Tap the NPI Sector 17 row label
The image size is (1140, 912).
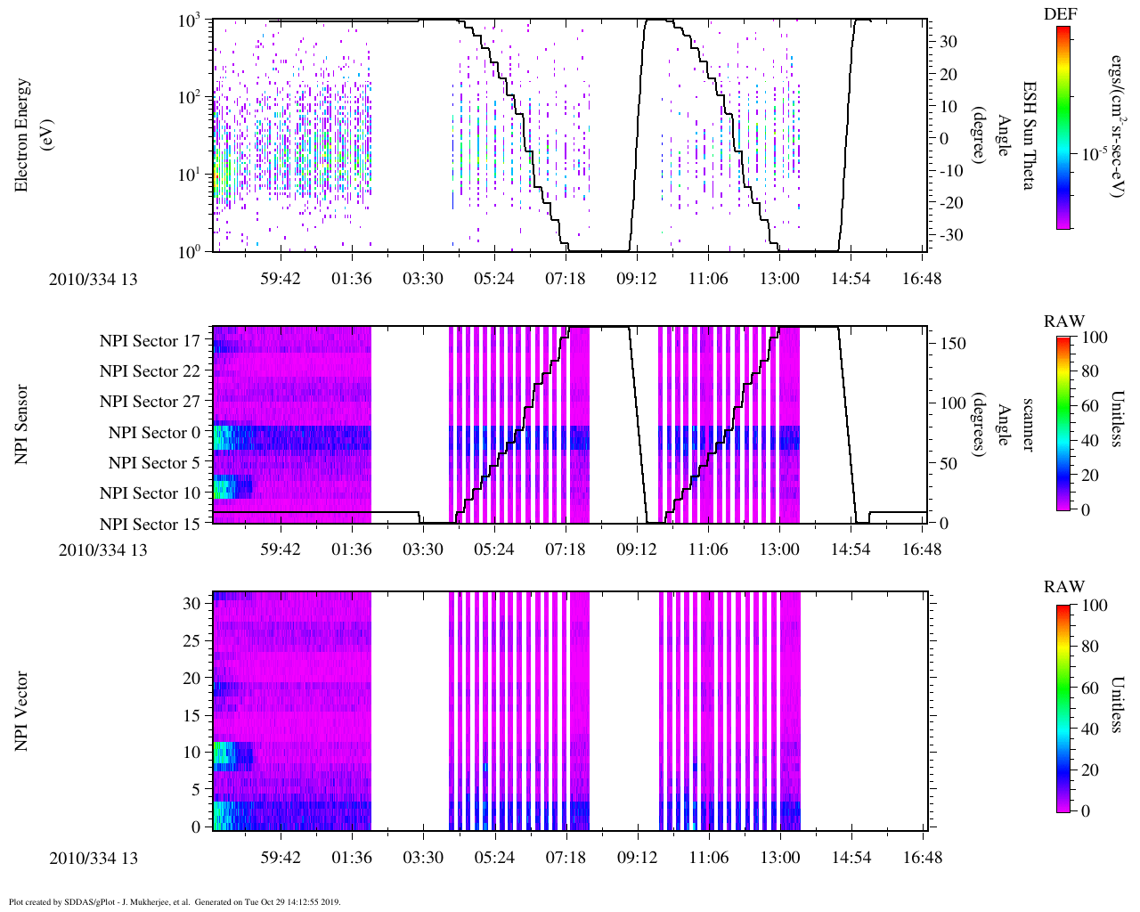[150, 340]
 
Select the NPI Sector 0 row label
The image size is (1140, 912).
[154, 432]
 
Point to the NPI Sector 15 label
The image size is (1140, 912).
[150, 524]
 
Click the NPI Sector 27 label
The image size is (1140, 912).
[150, 402]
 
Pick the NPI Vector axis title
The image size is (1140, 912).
[21, 711]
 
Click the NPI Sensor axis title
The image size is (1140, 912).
[21, 424]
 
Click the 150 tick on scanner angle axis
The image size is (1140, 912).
[954, 344]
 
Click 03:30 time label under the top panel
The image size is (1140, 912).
[422, 279]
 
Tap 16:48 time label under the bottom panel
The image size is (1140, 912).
[921, 858]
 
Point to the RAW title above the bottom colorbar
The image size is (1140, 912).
[1064, 586]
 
